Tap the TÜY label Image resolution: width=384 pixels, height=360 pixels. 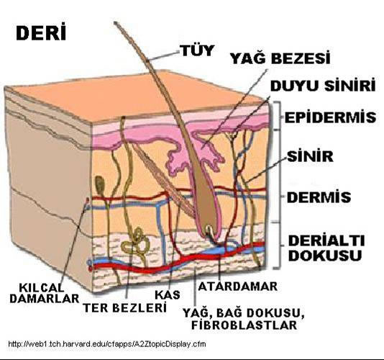[197, 50]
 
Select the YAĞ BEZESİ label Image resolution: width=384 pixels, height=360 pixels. [280, 58]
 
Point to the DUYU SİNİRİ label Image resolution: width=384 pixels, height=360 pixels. [323, 85]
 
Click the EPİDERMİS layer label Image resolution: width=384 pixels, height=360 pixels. [330, 117]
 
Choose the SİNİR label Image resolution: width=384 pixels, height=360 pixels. [310, 156]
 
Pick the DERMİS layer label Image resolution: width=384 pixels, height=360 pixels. [319, 197]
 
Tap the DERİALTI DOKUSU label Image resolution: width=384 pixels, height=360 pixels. [326, 248]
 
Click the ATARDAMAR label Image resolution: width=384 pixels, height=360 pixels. [237, 286]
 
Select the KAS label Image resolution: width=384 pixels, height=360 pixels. [168, 294]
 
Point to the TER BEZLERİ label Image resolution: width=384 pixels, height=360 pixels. [125, 307]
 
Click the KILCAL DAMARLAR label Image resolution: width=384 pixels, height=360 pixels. [45, 293]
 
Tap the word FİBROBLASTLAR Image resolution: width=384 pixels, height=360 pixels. [244, 325]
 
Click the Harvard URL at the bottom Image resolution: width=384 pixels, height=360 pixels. [107, 344]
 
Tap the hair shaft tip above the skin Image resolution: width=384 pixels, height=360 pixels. [115, 23]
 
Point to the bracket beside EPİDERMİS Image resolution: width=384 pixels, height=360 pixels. [278, 115]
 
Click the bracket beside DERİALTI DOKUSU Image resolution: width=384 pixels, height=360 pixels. [278, 246]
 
